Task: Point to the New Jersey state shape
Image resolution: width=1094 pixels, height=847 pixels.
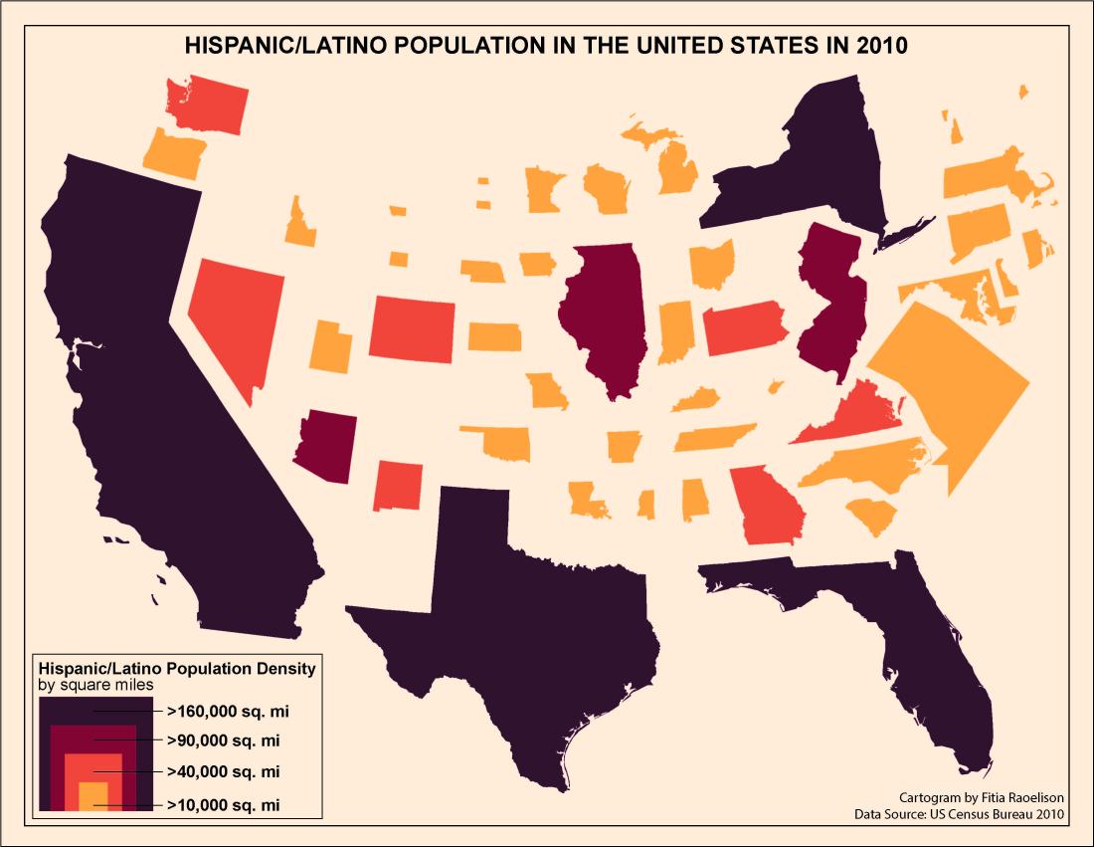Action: click(830, 299)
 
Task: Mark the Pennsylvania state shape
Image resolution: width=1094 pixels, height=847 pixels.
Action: click(746, 328)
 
